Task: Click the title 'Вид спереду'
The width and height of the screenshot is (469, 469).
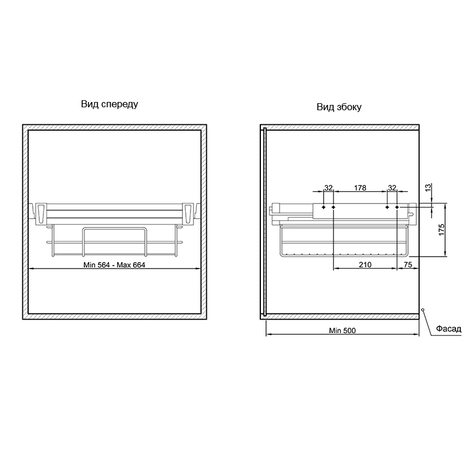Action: tap(110, 104)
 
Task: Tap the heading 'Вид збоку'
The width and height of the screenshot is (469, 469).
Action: tap(339, 107)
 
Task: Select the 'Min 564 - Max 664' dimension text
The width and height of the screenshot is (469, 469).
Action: tap(114, 265)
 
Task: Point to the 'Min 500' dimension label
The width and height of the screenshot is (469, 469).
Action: tap(342, 331)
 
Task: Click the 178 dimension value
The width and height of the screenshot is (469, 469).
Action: tap(360, 188)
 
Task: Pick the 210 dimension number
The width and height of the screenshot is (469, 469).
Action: tap(365, 265)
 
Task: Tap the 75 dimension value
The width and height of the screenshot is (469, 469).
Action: tap(407, 265)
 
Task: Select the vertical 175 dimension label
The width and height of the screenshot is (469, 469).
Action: tap(442, 230)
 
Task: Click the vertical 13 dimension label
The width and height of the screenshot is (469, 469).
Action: tap(429, 188)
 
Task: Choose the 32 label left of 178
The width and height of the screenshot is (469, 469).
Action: tap(328, 188)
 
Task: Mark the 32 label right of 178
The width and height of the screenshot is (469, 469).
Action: tap(392, 188)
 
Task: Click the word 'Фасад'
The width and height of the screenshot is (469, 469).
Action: tap(448, 329)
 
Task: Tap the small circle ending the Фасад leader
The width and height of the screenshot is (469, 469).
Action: tap(423, 310)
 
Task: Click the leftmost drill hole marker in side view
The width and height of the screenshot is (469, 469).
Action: tap(324, 207)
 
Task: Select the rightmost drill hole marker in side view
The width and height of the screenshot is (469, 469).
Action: tap(397, 207)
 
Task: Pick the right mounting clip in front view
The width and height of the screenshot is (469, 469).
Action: tap(188, 213)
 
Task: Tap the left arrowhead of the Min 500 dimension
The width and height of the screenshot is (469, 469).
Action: tap(268, 334)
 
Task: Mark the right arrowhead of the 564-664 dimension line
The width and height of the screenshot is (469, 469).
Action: tap(198, 269)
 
